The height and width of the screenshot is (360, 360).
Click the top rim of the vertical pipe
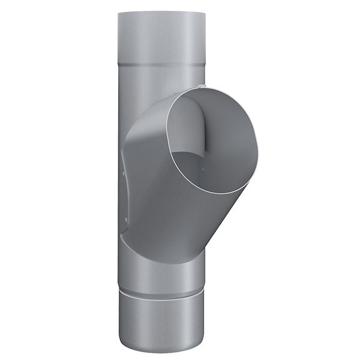pos(161,12)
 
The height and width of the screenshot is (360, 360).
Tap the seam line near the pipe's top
pos(161,65)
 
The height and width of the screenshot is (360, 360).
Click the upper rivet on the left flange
pos(125,175)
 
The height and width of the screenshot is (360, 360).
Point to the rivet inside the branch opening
pos(202,170)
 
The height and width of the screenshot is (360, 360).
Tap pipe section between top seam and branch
pos(150,90)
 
